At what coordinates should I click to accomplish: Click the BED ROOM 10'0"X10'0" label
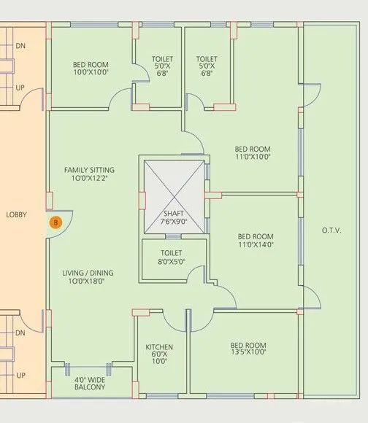click(x=91, y=69)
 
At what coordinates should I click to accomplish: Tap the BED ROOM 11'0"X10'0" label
click(x=253, y=151)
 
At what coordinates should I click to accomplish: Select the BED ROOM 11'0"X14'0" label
click(x=256, y=241)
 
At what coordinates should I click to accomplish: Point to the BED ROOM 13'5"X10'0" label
click(x=248, y=348)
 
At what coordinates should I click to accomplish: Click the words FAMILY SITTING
click(x=89, y=170)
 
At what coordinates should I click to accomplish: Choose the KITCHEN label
click(x=158, y=347)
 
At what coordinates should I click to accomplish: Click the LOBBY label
click(x=17, y=214)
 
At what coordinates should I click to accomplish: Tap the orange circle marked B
click(x=54, y=222)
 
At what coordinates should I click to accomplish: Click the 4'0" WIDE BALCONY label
click(x=90, y=383)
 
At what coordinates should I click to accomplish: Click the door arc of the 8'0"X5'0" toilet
click(x=196, y=275)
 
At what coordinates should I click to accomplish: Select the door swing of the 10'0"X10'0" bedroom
click(x=120, y=98)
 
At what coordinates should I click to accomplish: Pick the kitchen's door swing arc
click(x=174, y=321)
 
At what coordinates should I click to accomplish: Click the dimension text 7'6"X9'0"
click(x=175, y=222)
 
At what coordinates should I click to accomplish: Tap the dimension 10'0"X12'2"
click(x=89, y=179)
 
